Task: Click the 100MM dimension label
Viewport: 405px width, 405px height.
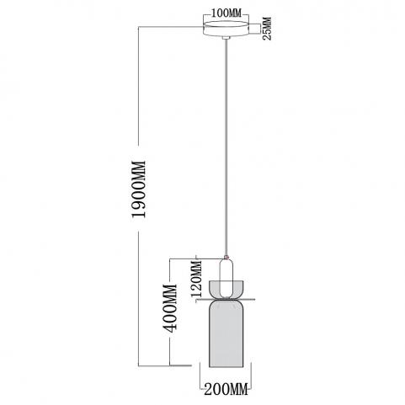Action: pos(226,13)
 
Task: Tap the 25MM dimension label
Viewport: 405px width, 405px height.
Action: pos(267,29)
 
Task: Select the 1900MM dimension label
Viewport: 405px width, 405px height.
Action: pos(140,189)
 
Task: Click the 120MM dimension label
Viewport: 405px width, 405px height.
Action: pos(196,280)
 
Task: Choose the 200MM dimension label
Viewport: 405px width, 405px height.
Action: pos(226,389)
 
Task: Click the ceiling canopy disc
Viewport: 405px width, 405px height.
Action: pos(226,29)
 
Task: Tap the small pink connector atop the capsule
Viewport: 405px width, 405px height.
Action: pos(226,257)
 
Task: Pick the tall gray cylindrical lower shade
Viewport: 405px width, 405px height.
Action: pos(226,334)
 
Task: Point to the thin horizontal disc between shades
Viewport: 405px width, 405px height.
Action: pos(226,300)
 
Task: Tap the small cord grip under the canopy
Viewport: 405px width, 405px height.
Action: pos(226,38)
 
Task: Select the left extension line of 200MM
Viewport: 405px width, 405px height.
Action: pos(200,376)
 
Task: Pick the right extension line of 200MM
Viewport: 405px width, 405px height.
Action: pos(251,376)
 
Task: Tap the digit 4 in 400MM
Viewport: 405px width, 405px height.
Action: pos(170,328)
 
